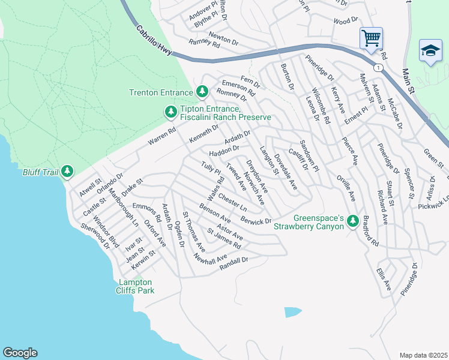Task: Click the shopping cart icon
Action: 371,38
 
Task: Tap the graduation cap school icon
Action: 430,52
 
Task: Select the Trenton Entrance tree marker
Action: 202,92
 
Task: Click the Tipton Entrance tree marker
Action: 170,112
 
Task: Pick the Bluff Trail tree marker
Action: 67,172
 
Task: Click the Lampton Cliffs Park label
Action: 134,286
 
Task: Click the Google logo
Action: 20,353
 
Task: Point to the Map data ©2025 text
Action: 423,355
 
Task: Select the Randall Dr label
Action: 234,261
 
